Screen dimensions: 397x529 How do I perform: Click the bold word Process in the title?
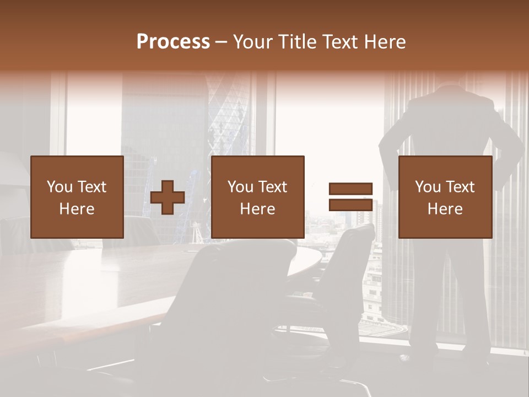click(173, 42)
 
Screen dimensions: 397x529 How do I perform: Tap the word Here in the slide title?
click(386, 42)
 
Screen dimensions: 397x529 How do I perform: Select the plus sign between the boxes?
click(168, 197)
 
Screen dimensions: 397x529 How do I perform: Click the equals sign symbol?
click(350, 197)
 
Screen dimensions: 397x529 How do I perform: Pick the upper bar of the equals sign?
click(350, 189)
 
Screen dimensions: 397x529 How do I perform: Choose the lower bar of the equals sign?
click(350, 205)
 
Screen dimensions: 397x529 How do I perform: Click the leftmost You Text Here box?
click(77, 197)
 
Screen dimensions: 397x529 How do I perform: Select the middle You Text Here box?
click(258, 197)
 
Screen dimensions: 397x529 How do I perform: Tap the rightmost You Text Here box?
click(445, 197)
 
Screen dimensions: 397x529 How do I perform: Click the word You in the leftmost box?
click(58, 187)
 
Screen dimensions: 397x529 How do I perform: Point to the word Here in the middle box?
click(258, 209)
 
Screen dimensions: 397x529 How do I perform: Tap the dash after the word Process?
click(222, 42)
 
